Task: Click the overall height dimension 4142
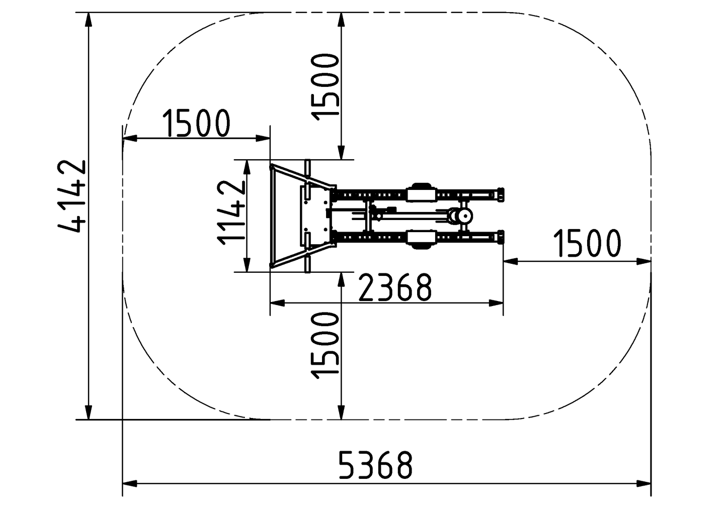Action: [72, 196]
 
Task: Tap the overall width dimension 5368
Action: [375, 465]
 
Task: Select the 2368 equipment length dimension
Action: [395, 287]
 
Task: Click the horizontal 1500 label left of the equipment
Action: [196, 123]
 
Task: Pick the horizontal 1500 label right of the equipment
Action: [587, 243]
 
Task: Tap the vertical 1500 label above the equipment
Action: [325, 87]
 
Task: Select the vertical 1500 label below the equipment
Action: [325, 346]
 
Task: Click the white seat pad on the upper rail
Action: [421, 195]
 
